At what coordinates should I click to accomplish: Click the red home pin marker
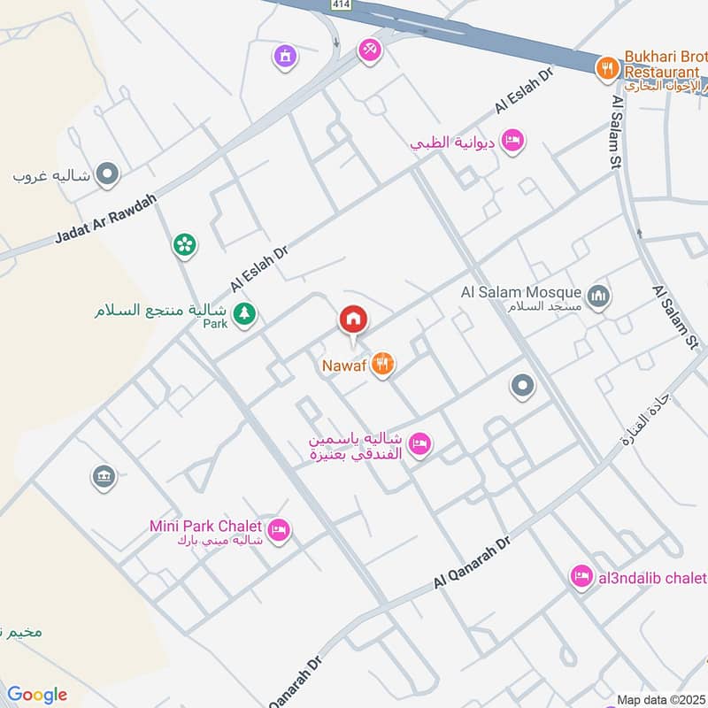[x=352, y=319]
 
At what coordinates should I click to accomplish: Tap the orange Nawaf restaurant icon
[x=382, y=363]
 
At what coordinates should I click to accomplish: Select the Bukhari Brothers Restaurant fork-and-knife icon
[x=606, y=67]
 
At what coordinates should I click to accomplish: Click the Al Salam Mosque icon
[x=599, y=296]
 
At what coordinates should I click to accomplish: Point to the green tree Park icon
[x=244, y=312]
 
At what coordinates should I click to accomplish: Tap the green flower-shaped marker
[x=184, y=244]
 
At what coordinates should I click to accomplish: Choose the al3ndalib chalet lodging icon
[x=581, y=577]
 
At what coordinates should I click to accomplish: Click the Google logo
[x=36, y=695]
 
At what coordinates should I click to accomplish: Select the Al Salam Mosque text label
[x=520, y=292]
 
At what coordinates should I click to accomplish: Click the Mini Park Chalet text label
[x=205, y=526]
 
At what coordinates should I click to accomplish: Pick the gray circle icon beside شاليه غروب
[x=107, y=173]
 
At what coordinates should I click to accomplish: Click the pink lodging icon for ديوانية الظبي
[x=512, y=141]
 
